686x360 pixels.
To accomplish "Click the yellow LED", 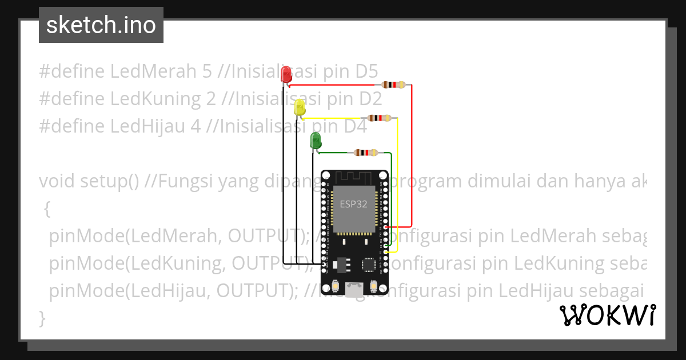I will (x=300, y=107).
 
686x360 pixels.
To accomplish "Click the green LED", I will (x=315, y=140).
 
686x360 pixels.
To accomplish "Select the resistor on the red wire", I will (x=394, y=85).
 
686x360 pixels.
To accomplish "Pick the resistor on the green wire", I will (x=366, y=153).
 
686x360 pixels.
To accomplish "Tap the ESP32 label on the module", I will (x=354, y=204).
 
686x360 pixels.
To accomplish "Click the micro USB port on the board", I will (x=355, y=290).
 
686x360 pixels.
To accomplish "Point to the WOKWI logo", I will (x=607, y=315).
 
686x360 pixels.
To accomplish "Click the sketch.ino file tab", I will (x=101, y=25).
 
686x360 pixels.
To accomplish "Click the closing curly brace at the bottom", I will (x=41, y=317).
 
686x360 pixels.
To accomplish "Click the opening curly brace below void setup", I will (x=47, y=210).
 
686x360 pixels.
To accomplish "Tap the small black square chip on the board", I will (x=369, y=264).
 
